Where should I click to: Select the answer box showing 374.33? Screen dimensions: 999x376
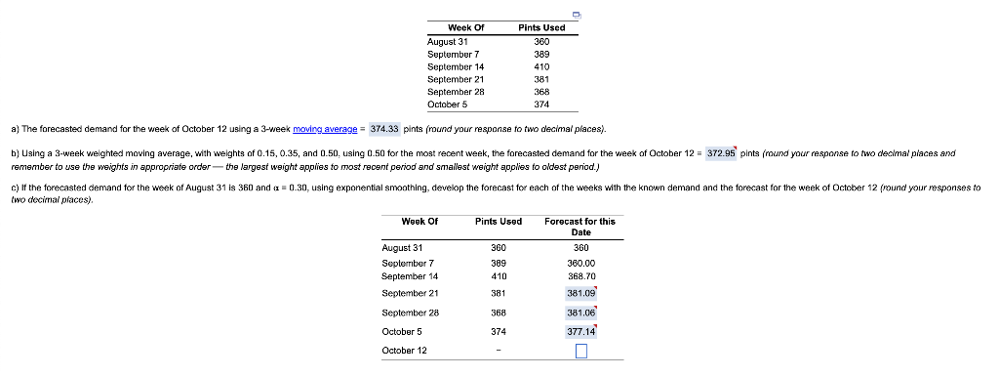386,129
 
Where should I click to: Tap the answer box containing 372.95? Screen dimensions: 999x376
721,153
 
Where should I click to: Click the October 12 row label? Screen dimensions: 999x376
403,351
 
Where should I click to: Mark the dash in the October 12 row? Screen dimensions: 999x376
499,351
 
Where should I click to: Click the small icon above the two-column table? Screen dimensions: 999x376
577,17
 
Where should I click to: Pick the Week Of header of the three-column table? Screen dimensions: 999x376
421,222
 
